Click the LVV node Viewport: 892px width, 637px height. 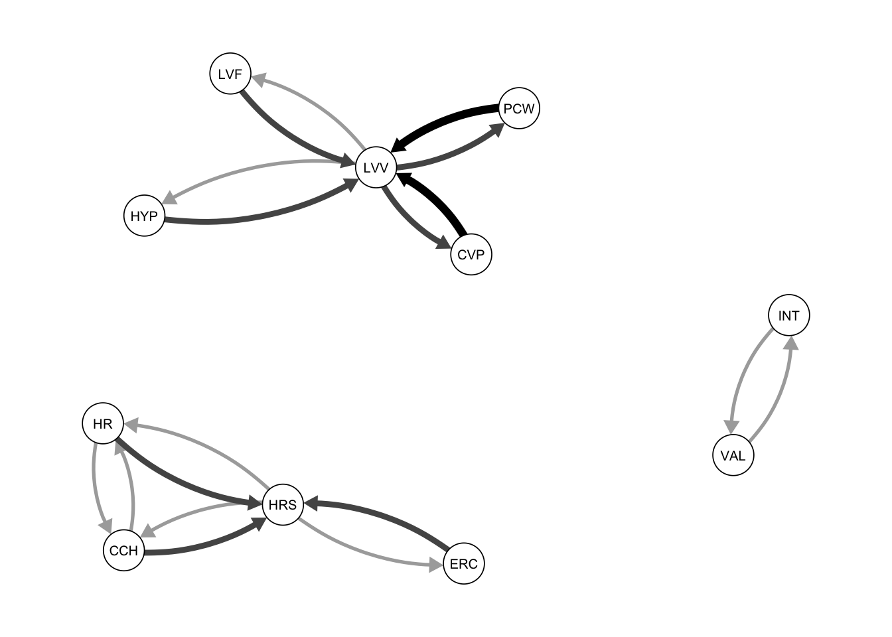click(x=376, y=168)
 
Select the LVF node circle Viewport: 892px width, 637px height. click(x=230, y=74)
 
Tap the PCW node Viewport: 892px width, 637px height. click(x=518, y=108)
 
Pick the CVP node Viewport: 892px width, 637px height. click(x=471, y=254)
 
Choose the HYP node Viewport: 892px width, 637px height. click(x=144, y=216)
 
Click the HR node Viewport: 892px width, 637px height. click(x=103, y=423)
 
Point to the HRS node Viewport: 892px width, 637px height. click(x=283, y=505)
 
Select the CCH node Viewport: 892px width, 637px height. click(x=123, y=551)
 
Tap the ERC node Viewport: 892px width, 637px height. click(x=463, y=564)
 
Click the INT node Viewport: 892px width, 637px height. click(x=788, y=315)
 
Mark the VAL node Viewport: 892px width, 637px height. click(x=733, y=456)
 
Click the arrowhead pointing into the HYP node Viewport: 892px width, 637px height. click(x=169, y=198)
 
